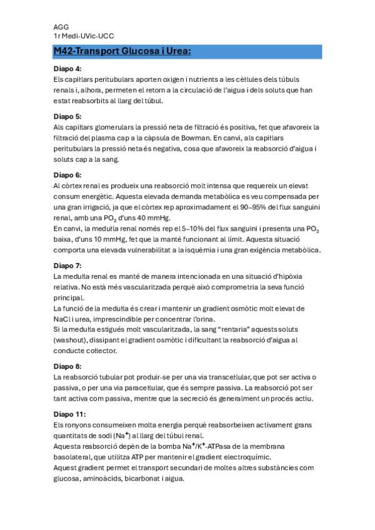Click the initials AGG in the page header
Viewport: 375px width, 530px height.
coord(61,27)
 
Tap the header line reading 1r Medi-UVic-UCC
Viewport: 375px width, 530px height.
coord(83,36)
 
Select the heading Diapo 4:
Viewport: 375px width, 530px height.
coord(67,69)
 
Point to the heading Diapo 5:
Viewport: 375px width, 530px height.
coord(67,116)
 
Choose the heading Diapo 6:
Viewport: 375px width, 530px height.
coord(67,175)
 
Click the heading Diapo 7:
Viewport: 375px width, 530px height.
coord(67,266)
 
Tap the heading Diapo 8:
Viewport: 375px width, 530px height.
coord(67,366)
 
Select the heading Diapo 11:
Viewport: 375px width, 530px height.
coord(69,414)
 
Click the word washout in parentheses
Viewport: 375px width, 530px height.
coord(71,340)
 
